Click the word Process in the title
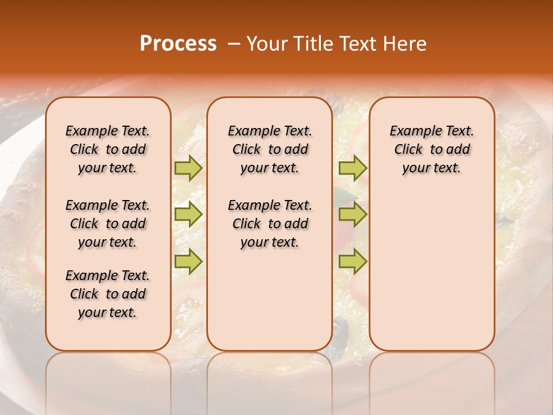[178, 44]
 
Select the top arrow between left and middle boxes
[188, 168]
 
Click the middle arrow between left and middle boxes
[188, 214]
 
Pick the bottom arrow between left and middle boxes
[188, 262]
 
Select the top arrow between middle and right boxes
[353, 168]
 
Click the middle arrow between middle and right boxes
[353, 214]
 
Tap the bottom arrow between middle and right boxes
[353, 262]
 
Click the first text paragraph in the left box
[108, 149]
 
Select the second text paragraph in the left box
[108, 224]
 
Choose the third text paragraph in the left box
[108, 294]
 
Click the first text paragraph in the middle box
[270, 149]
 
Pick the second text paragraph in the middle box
[270, 224]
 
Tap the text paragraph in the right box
[431, 149]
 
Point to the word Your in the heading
[267, 44]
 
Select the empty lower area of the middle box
[270, 300]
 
